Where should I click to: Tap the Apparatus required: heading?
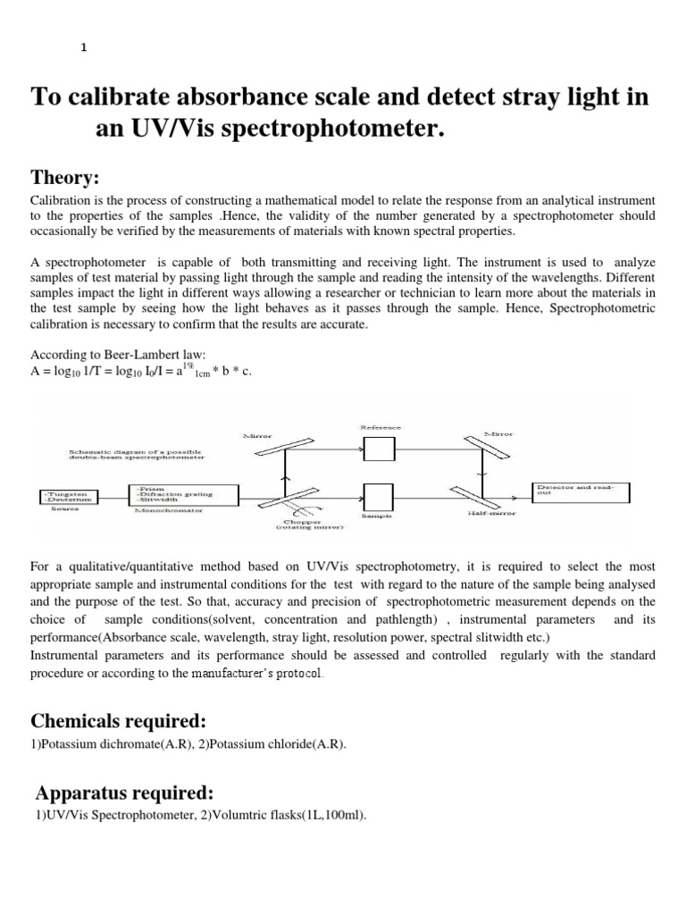click(126, 792)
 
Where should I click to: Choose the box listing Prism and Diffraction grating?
click(184, 495)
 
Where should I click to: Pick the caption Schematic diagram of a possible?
click(137, 452)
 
